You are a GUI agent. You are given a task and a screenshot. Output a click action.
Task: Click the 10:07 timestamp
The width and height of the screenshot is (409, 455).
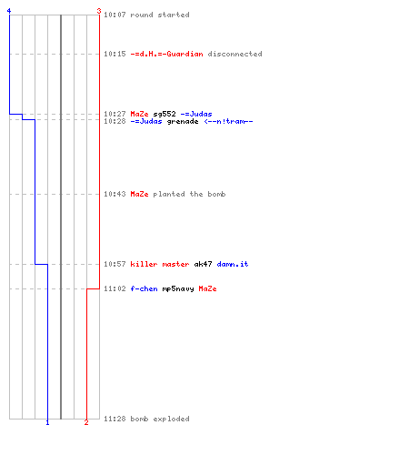[x=115, y=15]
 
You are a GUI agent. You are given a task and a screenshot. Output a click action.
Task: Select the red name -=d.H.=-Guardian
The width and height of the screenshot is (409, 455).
[x=166, y=54]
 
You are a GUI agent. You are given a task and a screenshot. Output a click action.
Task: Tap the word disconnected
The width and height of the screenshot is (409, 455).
[x=234, y=54]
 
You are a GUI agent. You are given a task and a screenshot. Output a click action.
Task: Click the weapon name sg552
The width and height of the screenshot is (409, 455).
[x=165, y=114]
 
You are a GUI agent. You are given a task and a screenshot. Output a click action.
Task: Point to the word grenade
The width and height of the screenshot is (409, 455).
[x=183, y=122]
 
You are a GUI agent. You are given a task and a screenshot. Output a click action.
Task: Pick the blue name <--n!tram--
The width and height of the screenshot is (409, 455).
[x=228, y=121]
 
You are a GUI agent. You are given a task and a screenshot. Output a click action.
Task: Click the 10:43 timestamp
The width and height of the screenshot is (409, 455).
[x=115, y=194]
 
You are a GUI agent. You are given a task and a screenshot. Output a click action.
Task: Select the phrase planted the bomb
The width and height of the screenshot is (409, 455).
[x=189, y=194]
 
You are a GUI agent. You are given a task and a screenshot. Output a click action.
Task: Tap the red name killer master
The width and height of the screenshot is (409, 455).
[x=160, y=264]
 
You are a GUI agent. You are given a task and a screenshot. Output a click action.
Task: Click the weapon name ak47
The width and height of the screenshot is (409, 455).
[x=203, y=264]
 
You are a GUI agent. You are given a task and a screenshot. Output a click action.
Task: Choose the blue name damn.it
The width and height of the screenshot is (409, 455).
[x=233, y=264]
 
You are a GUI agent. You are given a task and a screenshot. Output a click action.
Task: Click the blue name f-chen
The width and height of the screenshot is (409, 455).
[x=144, y=288]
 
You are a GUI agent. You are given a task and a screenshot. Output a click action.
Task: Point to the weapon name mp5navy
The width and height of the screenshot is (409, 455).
[x=178, y=289]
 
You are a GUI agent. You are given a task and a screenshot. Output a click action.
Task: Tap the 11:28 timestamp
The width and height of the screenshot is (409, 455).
[x=115, y=419]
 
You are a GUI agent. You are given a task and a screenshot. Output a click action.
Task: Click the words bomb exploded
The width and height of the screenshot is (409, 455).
[x=160, y=419]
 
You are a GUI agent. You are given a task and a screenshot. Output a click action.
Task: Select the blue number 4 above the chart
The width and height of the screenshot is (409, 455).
[x=9, y=11]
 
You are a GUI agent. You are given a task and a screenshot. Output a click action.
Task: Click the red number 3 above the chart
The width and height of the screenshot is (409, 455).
[x=99, y=11]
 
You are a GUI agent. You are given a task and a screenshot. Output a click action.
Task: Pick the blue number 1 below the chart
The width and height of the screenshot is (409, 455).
[x=47, y=422]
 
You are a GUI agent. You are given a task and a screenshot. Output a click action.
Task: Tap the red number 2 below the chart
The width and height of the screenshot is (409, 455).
[x=86, y=422]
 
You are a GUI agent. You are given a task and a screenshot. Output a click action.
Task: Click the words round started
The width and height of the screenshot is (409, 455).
[x=160, y=15]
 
